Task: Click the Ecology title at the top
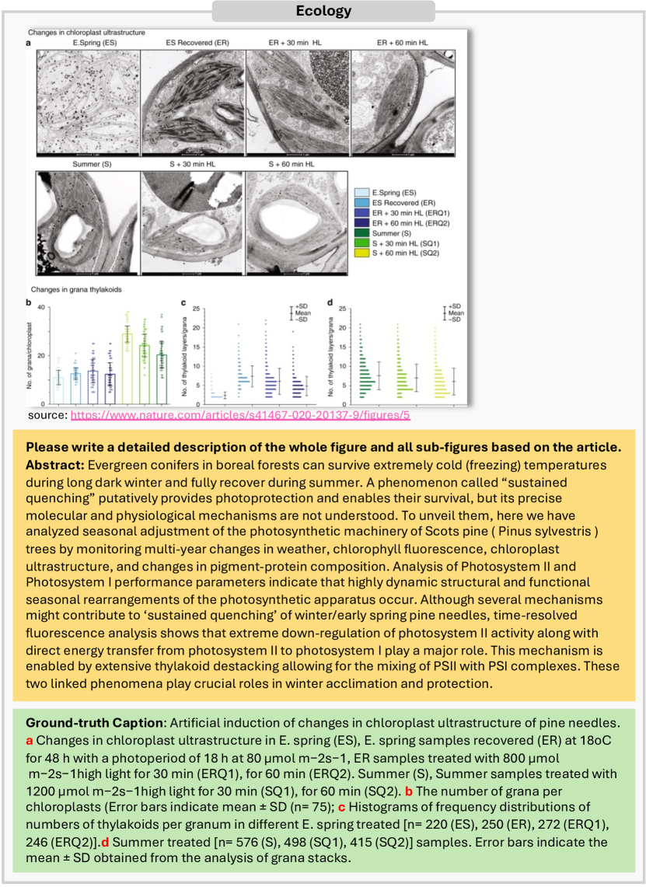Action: pos(323,11)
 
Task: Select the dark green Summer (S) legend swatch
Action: pos(361,232)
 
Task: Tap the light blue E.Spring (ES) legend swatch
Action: pos(361,190)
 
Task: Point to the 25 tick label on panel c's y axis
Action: pos(196,308)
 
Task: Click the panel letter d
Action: pos(330,302)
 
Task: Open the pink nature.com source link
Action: pos(240,416)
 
